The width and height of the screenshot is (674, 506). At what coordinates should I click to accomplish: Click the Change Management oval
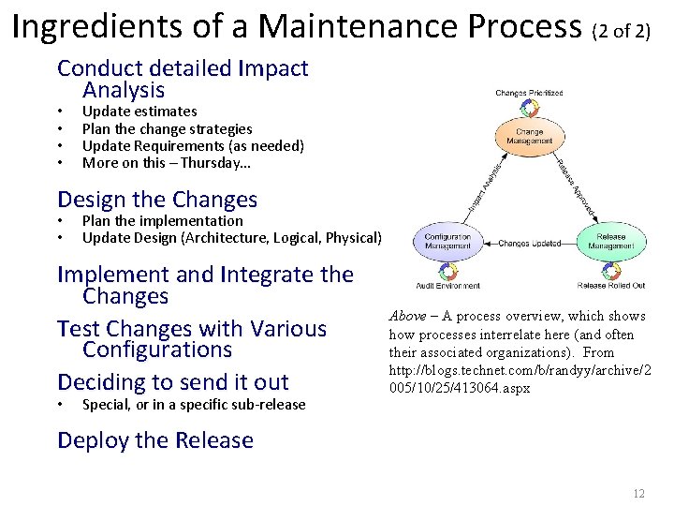click(529, 137)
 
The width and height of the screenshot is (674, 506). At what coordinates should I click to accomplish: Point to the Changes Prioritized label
click(529, 93)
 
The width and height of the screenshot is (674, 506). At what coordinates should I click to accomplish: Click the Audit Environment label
click(447, 286)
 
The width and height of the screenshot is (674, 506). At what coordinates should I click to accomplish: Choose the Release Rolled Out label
click(610, 286)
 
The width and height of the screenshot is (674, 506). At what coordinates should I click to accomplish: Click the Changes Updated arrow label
click(529, 244)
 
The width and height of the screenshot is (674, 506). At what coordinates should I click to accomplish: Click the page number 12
click(639, 494)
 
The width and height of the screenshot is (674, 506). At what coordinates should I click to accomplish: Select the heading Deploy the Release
click(155, 440)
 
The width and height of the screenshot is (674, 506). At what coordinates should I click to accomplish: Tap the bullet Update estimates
click(139, 111)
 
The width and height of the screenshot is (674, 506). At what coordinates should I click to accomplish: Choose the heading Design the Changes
click(157, 200)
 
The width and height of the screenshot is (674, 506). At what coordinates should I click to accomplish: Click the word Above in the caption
click(407, 317)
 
